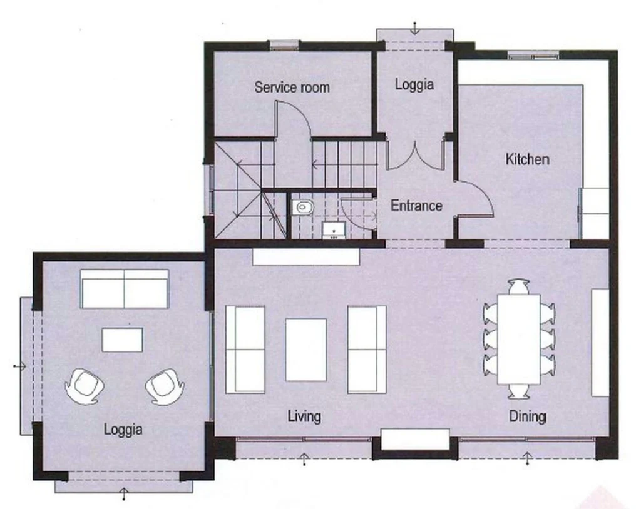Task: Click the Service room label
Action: coord(292,87)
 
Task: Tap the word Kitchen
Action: coord(527,159)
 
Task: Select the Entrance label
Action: coord(416,205)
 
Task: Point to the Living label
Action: coord(304,416)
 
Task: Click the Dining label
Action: coord(527,416)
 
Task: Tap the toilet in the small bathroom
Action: coord(303,208)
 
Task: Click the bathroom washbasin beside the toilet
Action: coord(334,230)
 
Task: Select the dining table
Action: coord(519,339)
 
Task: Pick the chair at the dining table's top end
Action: coord(519,286)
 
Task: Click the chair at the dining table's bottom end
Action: coord(519,391)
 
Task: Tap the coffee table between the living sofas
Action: coord(305,350)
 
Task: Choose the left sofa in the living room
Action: coord(245,350)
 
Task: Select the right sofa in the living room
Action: coord(367,350)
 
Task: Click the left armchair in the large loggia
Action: coord(85,386)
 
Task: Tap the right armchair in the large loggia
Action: coord(165,386)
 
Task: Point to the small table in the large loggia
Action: coord(122,340)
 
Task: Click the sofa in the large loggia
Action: coord(125,289)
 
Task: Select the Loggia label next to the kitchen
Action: coord(414,84)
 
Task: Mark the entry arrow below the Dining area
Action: coord(527,458)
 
